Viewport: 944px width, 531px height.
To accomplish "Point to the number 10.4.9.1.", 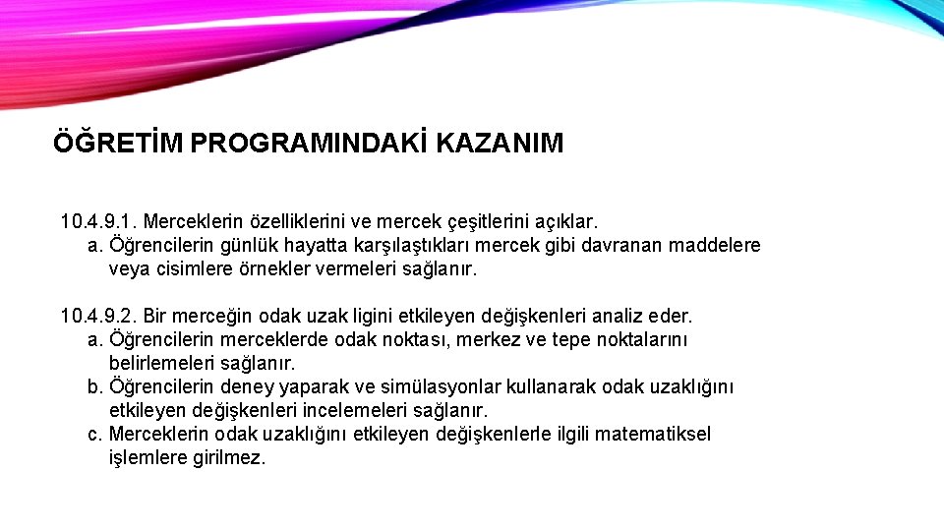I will (98, 222).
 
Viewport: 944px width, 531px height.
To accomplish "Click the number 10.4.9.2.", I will (98, 317).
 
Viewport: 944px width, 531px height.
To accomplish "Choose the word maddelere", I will (714, 246).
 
